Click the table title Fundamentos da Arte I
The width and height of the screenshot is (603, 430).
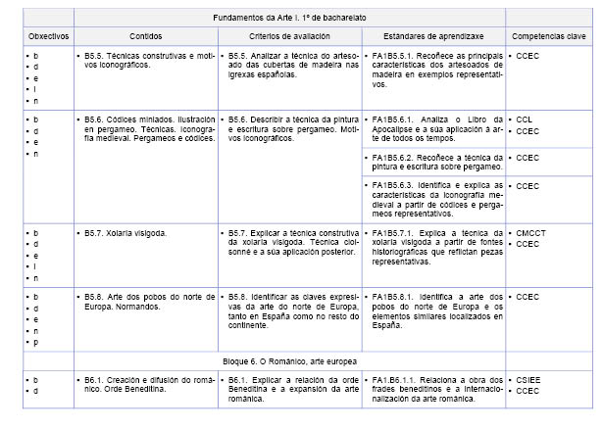(289, 18)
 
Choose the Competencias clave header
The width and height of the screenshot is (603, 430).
(548, 35)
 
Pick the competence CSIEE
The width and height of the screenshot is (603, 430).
(529, 379)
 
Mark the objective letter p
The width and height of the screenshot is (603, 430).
(36, 343)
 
